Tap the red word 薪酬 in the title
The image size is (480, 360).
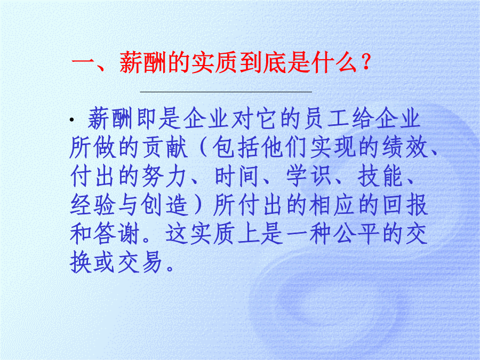pos(143,63)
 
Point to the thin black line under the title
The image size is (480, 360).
pos(226,92)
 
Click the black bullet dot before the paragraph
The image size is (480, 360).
pos(72,119)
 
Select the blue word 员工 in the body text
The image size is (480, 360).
pos(326,118)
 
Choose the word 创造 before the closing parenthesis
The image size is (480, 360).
pos(164,205)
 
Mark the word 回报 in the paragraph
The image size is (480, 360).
pos(405,205)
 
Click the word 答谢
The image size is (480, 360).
pos(116,234)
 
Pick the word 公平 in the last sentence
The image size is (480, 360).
pos(356,234)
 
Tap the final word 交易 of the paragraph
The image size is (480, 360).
pos(140,262)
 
